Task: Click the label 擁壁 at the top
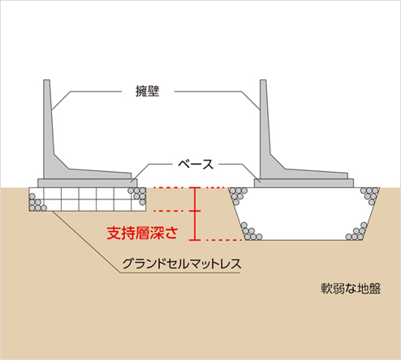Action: [x=148, y=92]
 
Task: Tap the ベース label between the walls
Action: [x=196, y=165]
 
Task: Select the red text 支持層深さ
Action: [x=142, y=233]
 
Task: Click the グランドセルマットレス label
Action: [x=182, y=264]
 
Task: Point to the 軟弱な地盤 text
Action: [x=351, y=289]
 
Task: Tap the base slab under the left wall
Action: [x=88, y=183]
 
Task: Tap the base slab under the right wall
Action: [x=304, y=183]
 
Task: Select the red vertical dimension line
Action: [x=195, y=213]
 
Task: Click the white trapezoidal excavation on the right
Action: [x=304, y=213]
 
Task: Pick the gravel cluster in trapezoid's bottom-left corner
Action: [x=251, y=232]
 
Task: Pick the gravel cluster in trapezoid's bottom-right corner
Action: [x=357, y=232]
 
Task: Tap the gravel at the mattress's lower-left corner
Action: [x=37, y=203]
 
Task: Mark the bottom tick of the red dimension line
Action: [x=195, y=240]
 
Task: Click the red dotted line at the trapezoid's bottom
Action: [x=224, y=240]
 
